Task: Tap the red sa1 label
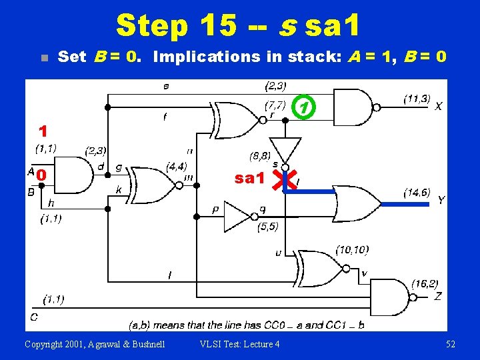pos(250,178)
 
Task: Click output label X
pos(438,106)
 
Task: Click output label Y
pos(441,200)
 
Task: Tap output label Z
pos(437,296)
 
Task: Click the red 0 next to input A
pos(41,175)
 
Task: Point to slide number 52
pos(450,344)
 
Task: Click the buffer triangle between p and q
pos(237,215)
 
